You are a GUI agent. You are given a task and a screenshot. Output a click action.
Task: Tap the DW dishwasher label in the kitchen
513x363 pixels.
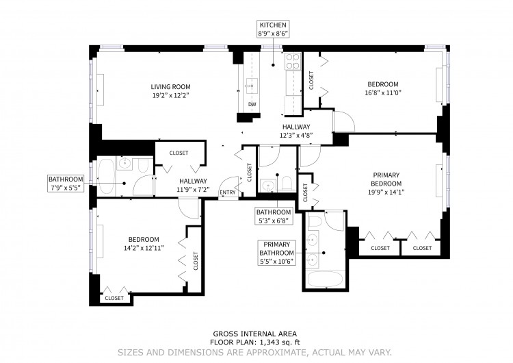252,105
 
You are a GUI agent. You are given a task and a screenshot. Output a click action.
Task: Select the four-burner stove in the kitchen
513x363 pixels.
293,62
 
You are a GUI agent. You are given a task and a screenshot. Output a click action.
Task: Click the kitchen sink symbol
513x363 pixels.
252,86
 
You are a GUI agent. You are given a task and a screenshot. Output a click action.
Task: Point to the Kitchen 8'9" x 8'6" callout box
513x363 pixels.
273,29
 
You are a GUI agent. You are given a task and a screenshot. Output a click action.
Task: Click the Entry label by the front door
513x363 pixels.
228,192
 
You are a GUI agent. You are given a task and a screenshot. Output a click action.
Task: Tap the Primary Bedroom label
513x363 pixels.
386,184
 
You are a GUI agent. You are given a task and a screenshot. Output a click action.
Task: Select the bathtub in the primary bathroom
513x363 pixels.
324,279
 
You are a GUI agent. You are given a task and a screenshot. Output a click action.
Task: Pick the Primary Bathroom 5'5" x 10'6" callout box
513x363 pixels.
277,253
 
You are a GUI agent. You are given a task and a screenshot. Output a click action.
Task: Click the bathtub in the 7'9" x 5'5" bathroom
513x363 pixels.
105,177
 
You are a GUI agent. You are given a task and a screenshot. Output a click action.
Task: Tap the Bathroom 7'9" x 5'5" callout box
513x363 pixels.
66,184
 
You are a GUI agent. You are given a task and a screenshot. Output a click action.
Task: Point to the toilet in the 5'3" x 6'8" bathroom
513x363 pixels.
287,184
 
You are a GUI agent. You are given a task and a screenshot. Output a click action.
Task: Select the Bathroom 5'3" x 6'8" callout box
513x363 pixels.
274,216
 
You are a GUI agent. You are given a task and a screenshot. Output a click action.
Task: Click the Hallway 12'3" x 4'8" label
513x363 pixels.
296,131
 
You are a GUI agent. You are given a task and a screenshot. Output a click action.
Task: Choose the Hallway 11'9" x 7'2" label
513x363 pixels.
193,185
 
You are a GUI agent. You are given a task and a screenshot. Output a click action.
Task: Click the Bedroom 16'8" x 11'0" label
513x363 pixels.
383,88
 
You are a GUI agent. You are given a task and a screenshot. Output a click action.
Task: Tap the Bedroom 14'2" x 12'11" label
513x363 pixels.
144,244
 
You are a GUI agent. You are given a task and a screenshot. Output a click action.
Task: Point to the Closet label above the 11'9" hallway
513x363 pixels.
179,153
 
